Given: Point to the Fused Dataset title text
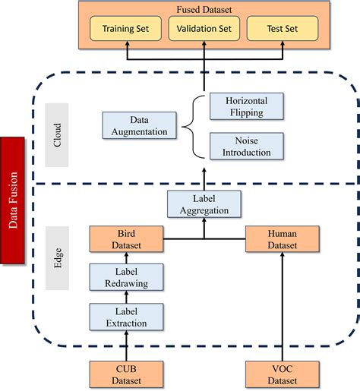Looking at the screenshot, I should click(204, 10).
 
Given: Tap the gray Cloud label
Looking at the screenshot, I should click(58, 134).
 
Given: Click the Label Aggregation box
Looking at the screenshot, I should click(204, 204).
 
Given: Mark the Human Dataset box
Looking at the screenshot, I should click(282, 239).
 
